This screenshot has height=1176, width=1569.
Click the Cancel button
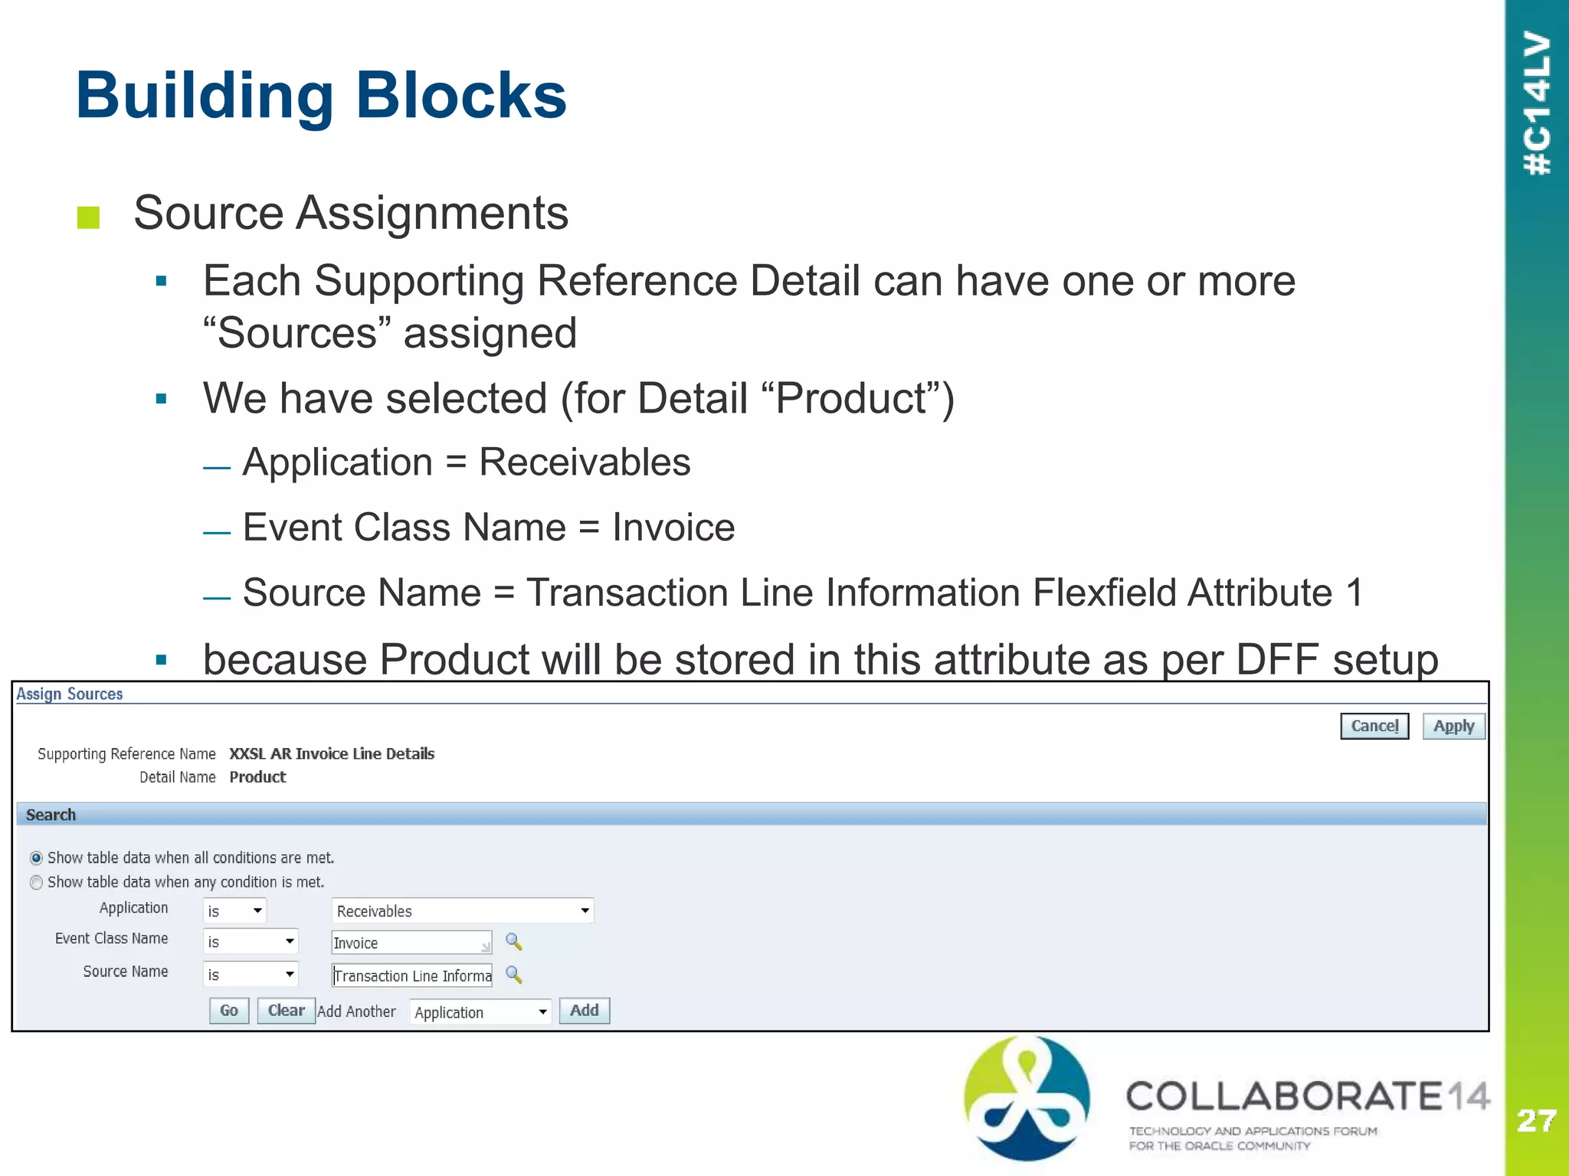point(1374,726)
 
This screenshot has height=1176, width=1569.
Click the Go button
point(229,1011)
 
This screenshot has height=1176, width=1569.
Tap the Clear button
point(286,1011)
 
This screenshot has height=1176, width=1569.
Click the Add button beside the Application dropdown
point(584,1011)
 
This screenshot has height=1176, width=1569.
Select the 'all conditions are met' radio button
point(36,858)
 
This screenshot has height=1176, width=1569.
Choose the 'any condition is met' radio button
point(36,883)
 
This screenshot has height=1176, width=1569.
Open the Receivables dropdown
point(463,911)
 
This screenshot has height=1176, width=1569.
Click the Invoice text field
point(411,942)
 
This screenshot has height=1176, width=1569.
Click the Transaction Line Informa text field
point(412,975)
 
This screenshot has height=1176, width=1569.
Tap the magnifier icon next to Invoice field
point(514,942)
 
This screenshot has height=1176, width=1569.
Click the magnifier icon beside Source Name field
point(514,975)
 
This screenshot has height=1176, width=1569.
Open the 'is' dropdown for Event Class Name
point(251,942)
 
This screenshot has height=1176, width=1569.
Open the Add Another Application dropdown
point(480,1012)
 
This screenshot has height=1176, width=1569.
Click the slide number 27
point(1536,1121)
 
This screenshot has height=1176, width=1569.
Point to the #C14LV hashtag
point(1537,103)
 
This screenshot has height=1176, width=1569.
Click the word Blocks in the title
point(460,96)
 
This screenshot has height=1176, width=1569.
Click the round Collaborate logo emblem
point(1026,1098)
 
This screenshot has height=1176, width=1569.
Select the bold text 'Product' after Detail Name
point(257,777)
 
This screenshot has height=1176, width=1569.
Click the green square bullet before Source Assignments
point(89,217)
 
